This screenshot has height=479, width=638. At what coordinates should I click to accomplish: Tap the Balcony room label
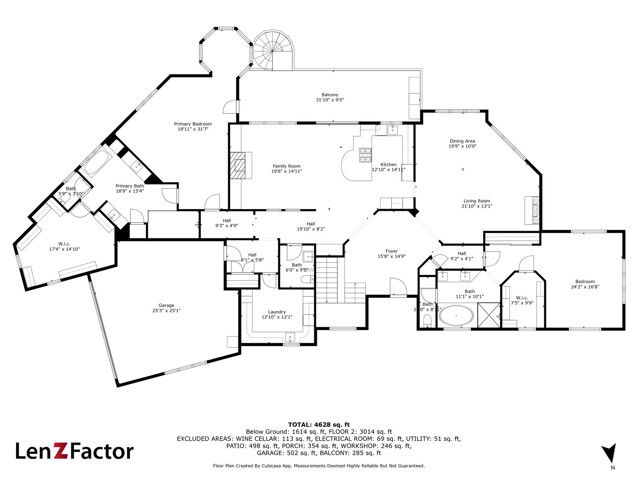(330, 95)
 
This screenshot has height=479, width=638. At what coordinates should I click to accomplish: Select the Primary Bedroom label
(193, 124)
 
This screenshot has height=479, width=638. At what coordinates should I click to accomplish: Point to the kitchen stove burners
(366, 155)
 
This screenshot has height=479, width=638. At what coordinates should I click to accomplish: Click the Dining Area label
(462, 141)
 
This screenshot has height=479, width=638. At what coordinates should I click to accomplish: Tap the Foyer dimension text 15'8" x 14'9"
(392, 257)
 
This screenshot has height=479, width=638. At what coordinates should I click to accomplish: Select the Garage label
(166, 305)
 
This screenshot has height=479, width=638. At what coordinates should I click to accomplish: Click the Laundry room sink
(290, 337)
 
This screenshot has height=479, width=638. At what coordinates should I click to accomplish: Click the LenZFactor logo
(75, 451)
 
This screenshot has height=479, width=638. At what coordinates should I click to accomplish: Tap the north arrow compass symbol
(609, 454)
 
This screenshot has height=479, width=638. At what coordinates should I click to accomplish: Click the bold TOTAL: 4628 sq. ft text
(319, 425)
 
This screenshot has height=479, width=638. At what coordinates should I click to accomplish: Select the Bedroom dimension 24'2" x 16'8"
(585, 287)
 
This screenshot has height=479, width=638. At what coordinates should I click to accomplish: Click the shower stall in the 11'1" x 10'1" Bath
(488, 315)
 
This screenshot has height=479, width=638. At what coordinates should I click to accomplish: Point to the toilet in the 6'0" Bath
(307, 280)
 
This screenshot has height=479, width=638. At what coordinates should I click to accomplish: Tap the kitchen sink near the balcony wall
(393, 129)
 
